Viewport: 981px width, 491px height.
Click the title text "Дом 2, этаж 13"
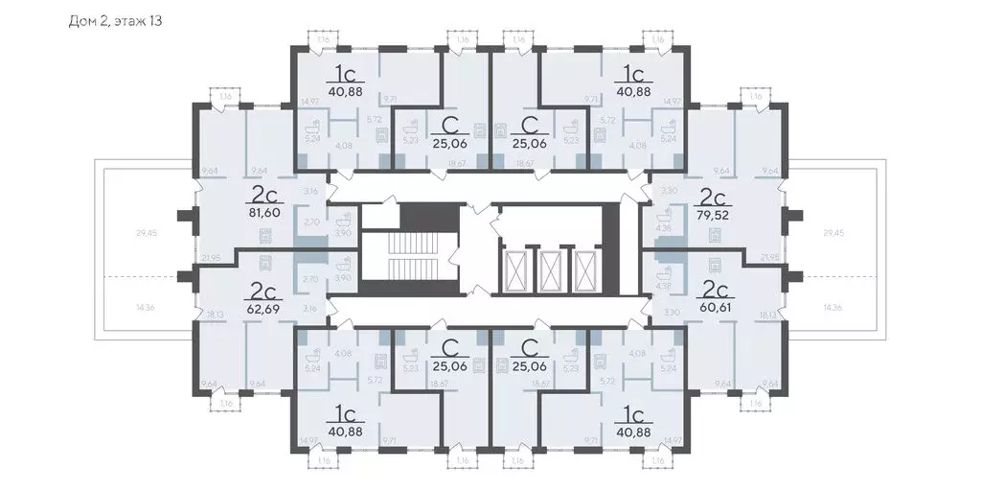[x=115, y=20]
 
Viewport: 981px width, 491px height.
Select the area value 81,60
[x=263, y=213]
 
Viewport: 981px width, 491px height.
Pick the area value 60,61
[x=716, y=309]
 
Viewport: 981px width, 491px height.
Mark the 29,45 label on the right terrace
[x=834, y=233]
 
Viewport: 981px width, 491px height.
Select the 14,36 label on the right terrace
[x=834, y=308]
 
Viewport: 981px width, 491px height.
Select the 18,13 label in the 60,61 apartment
[x=766, y=314]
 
